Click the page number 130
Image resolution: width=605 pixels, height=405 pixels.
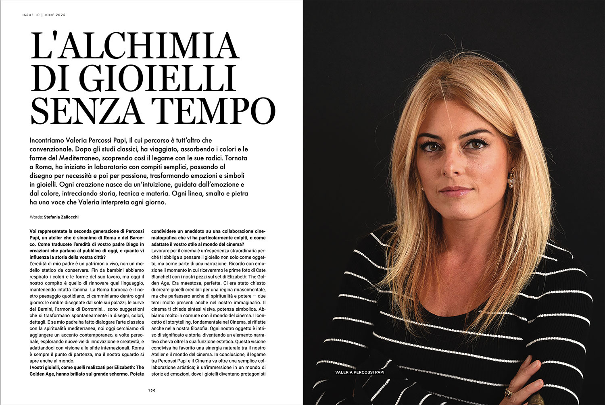point(152,390)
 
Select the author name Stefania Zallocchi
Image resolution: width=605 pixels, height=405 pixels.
point(61,217)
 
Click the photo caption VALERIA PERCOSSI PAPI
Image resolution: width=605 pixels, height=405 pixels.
point(359,372)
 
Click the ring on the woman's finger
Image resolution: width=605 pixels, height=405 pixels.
point(509,392)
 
